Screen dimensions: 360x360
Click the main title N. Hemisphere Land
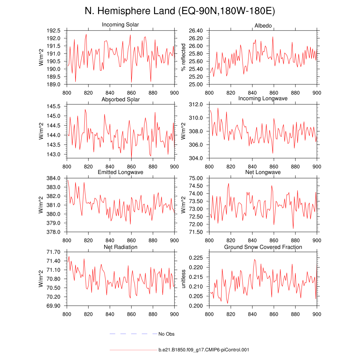tap(180, 11)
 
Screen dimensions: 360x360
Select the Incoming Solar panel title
tap(120, 25)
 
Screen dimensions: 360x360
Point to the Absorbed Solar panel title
tap(120, 99)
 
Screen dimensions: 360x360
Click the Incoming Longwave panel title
tap(263, 98)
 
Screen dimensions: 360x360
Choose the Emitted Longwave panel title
tap(120, 172)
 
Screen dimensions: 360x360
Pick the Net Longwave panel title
tap(263, 172)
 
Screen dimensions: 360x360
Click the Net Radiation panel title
tap(120, 247)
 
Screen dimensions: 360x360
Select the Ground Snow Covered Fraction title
tap(263, 247)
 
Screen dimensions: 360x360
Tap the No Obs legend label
tap(166, 334)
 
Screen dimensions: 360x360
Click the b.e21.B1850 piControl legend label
tap(204, 350)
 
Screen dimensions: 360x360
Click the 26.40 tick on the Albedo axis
tap(196, 31)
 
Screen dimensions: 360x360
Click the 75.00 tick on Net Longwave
tap(196, 178)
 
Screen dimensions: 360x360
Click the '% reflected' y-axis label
tap(183, 57)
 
